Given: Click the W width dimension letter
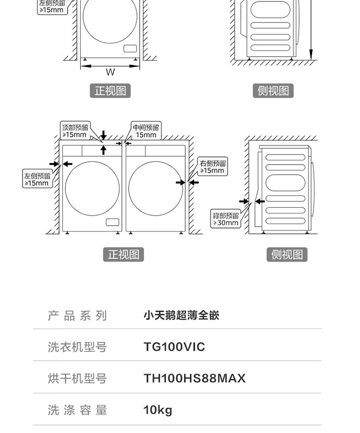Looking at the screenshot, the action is [110, 72].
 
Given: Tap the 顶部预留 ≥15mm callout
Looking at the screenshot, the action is [75, 131].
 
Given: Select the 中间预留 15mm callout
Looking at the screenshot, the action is [146, 131].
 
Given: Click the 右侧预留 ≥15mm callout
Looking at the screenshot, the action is [213, 167].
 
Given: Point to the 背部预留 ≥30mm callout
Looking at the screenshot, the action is [226, 219].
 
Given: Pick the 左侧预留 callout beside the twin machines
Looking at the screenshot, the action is [37, 179].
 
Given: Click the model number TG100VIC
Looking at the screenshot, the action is [174, 347].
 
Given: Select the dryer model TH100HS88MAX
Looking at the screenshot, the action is [194, 378].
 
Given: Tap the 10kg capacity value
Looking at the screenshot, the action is [157, 410].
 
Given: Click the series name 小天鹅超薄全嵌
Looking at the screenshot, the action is [181, 315].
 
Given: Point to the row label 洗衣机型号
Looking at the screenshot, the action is [77, 347].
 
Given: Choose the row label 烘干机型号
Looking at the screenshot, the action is [77, 378].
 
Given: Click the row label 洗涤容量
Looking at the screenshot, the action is [77, 410].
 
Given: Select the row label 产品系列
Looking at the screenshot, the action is [77, 315].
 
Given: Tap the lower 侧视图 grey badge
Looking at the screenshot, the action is [287, 254].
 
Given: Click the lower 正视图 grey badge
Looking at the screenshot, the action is [123, 254].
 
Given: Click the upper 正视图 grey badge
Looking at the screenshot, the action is [110, 91].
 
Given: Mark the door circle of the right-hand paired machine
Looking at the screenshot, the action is [156, 189].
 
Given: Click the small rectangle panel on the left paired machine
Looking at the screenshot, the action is [112, 222].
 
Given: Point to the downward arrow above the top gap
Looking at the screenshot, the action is [103, 135].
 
